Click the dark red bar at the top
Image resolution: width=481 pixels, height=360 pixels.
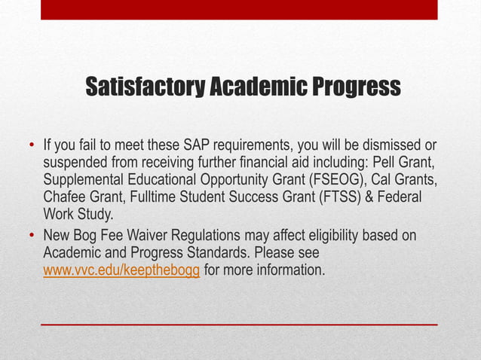(x=239, y=9)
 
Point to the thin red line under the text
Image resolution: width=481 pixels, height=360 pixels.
(x=239, y=325)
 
